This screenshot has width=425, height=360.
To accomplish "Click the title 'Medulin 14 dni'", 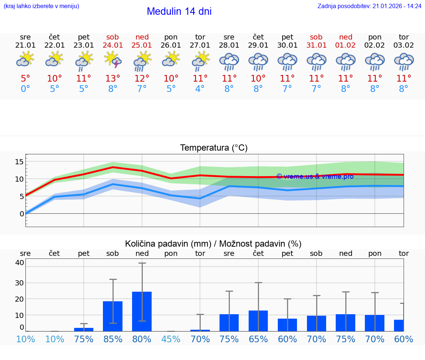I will coord(179,11).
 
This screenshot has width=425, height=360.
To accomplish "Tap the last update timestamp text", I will coord(369,6).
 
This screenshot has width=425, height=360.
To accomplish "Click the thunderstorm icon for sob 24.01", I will coord(113,60).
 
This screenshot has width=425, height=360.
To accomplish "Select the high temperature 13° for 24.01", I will coord(113,78).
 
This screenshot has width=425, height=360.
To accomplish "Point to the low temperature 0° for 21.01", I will coord(25,89).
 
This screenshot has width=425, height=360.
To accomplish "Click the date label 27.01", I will coord(200,45).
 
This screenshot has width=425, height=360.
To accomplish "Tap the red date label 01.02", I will coord(346,45).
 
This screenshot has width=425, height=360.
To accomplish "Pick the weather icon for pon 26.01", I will coord(171,59).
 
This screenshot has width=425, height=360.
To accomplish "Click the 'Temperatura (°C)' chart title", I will coord(214,148).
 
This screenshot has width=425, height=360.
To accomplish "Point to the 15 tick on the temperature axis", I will coord(19,161).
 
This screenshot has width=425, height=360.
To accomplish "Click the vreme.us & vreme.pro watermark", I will coord(315,176).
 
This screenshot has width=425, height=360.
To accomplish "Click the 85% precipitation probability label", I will coord(113,339).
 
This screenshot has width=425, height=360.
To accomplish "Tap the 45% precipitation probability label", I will coord(171,339).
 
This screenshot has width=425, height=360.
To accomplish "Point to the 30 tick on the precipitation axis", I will coord(19,283).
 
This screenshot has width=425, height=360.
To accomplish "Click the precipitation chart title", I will coord(213,244).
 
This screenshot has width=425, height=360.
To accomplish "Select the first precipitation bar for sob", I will coord(113,316).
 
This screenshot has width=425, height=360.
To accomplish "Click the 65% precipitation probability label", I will coord(258,339).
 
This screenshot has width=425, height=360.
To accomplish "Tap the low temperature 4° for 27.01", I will coord(200,89).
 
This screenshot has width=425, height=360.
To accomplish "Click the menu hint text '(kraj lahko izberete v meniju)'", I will coord(41,6).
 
